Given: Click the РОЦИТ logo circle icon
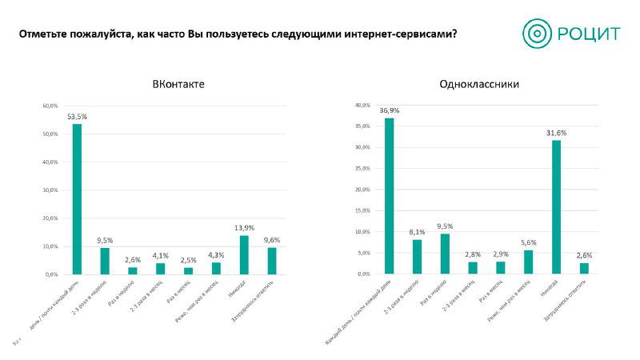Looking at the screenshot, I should click(x=538, y=34).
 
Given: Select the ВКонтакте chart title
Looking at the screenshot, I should click(x=178, y=84).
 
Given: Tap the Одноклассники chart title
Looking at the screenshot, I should click(x=479, y=84).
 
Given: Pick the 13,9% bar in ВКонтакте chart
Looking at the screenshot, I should click(x=244, y=254).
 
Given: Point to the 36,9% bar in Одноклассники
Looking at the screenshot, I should click(x=389, y=196).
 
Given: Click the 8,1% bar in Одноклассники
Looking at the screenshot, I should click(x=417, y=257).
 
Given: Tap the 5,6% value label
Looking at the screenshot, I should click(x=528, y=242).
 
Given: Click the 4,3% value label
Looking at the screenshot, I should click(x=216, y=254).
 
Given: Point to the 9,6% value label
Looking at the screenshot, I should click(x=272, y=239).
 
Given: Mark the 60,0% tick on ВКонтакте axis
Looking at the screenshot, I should click(x=50, y=106).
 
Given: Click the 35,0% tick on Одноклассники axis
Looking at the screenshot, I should click(x=362, y=126).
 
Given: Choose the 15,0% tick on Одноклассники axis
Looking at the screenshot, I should click(x=362, y=210).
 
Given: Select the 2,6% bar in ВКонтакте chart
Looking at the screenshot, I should click(x=133, y=270).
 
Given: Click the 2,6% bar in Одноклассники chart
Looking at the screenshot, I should click(x=584, y=268).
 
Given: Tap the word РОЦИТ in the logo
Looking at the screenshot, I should click(x=592, y=34).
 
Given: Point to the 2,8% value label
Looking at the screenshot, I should click(x=472, y=254).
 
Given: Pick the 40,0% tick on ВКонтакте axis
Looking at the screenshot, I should click(x=50, y=162).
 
